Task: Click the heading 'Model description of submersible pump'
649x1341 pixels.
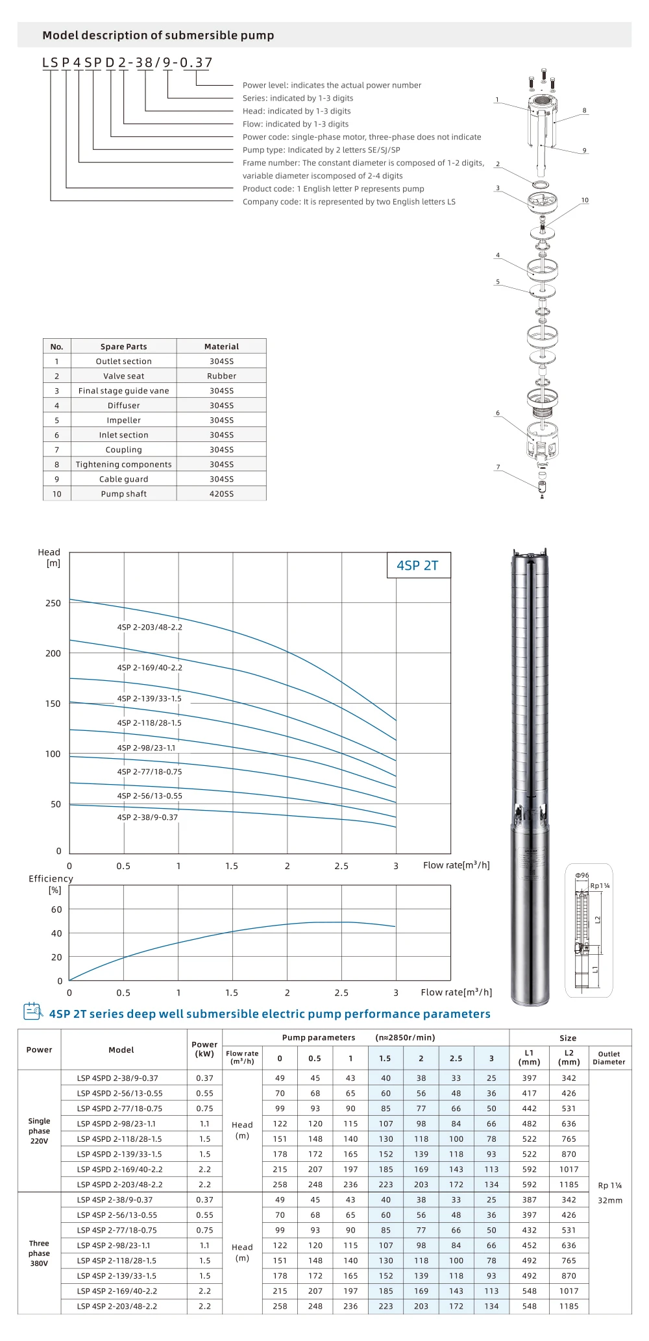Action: (x=158, y=35)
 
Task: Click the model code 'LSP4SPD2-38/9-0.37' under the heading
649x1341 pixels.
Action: (x=127, y=62)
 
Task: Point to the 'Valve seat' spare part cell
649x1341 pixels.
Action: (x=124, y=376)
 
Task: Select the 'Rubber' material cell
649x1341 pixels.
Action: (x=221, y=376)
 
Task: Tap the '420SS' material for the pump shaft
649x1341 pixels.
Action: (x=221, y=494)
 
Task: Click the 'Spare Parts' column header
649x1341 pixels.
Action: (x=124, y=347)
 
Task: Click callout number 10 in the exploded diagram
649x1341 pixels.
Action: (x=585, y=200)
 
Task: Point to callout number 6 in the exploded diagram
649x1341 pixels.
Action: (x=498, y=413)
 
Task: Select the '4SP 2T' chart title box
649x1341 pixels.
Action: (x=418, y=565)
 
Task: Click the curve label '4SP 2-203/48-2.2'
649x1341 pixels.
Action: (x=150, y=627)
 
